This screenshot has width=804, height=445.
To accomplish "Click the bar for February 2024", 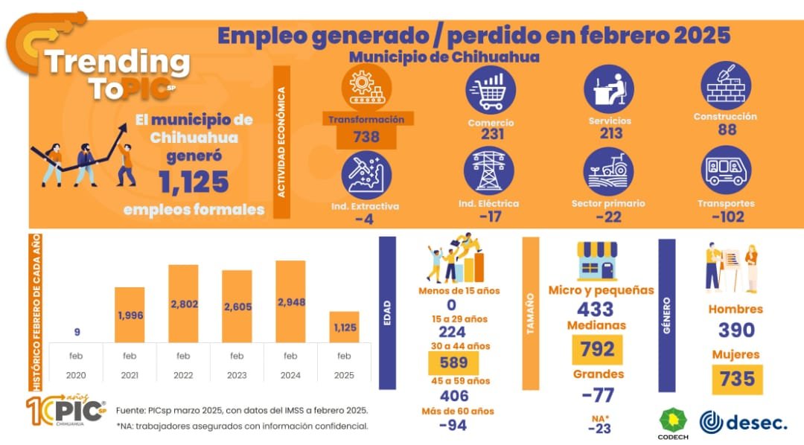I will [290, 301].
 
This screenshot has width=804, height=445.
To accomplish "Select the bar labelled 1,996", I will [130, 315].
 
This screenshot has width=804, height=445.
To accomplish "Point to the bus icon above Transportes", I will [725, 170].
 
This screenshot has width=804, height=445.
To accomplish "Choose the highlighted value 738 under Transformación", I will [366, 137].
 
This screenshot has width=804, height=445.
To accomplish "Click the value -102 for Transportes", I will [726, 217].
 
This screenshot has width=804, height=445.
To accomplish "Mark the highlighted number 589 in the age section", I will [453, 362].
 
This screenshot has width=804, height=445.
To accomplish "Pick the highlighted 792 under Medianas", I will [597, 349].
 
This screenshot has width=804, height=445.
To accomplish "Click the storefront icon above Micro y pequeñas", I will [597, 260].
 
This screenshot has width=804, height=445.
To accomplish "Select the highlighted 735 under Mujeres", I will [737, 380].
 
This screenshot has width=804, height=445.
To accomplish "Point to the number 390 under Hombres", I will [736, 330].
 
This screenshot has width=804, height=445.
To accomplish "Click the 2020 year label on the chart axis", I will [76, 375].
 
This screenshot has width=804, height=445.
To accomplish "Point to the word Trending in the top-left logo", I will [118, 63].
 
